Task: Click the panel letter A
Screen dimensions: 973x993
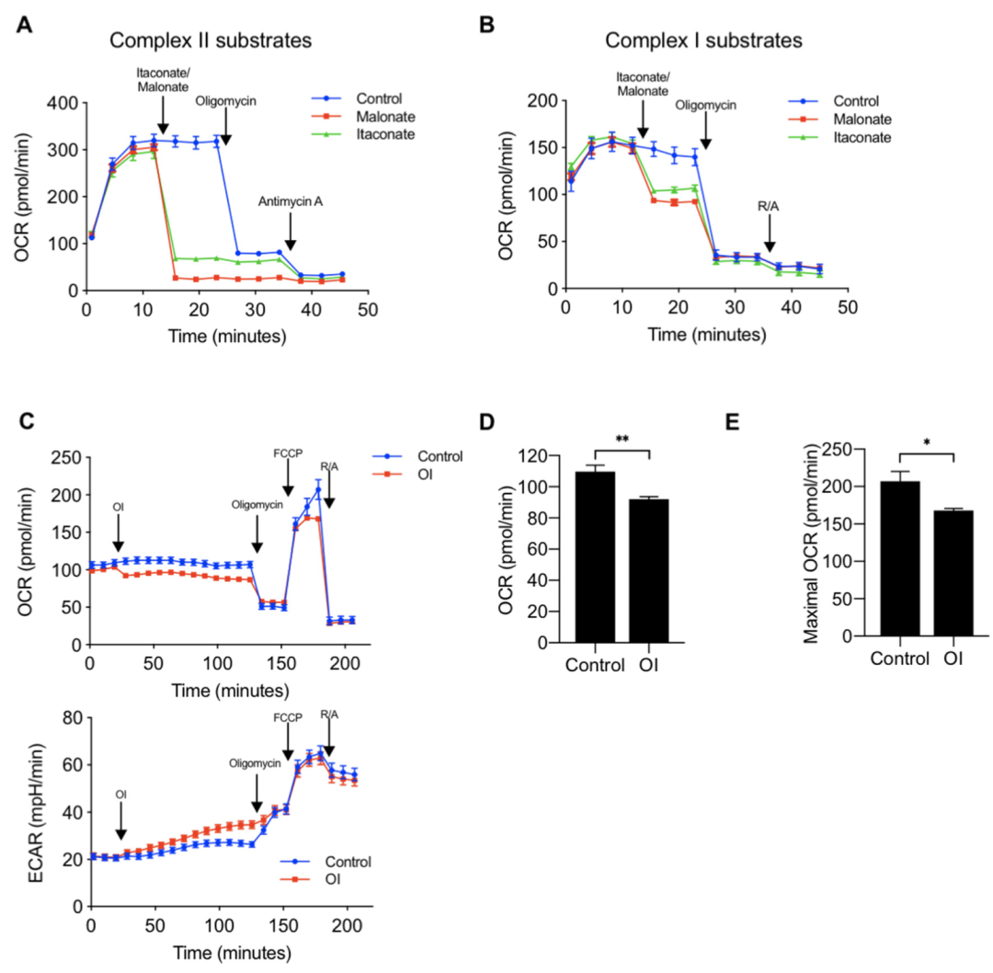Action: click(x=29, y=28)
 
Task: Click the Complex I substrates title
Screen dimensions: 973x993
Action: click(x=703, y=41)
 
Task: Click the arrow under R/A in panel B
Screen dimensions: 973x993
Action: click(x=770, y=239)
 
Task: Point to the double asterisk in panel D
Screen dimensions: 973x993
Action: click(x=622, y=440)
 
